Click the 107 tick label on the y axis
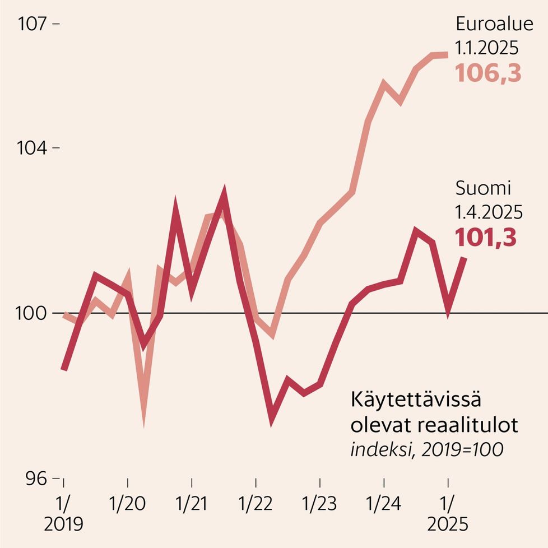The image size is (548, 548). [x=33, y=24]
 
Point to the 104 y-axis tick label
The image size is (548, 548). [x=33, y=148]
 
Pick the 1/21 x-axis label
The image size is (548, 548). [x=192, y=504]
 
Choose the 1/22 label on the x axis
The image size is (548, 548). [x=256, y=504]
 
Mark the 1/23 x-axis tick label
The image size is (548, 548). [x=319, y=504]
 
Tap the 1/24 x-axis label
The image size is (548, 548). [x=383, y=504]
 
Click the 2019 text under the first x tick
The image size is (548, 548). [x=63, y=524]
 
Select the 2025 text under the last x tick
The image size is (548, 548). [x=447, y=524]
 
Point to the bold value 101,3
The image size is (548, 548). [x=485, y=238]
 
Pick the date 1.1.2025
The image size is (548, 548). [x=487, y=49]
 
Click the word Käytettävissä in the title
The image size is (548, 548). [x=416, y=401]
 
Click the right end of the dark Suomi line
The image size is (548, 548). [x=464, y=258]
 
